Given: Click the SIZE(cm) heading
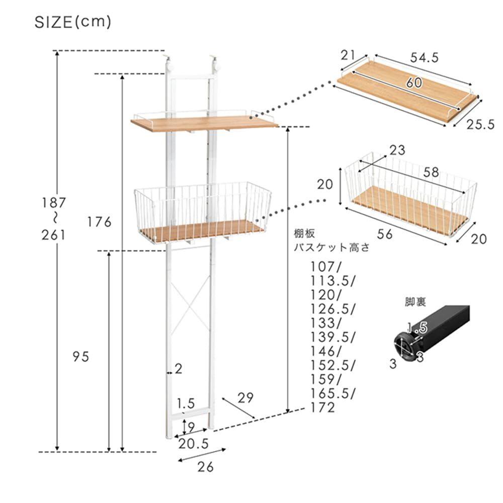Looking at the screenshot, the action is (x=73, y=23).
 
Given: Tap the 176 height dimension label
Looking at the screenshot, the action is (x=100, y=222).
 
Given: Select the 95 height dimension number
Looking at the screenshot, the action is (x=80, y=357).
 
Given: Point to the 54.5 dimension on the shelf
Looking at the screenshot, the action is (x=424, y=58).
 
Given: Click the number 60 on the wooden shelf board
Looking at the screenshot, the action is (x=414, y=83).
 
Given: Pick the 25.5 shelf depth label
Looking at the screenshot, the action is (x=480, y=124).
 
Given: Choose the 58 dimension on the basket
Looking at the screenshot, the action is (x=431, y=172).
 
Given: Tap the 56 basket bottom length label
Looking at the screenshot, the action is (x=385, y=234).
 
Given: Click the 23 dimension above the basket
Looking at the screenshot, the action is (x=397, y=150).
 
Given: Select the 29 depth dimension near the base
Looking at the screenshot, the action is (x=246, y=398).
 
